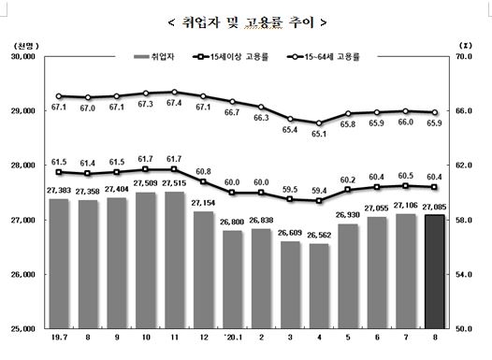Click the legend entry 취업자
[161, 58]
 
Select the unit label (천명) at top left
[24, 44]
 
